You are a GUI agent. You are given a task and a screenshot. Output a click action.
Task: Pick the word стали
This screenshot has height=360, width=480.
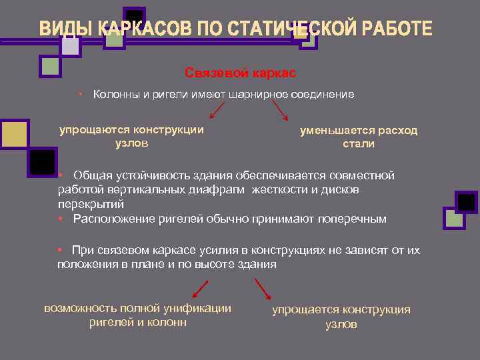click(x=359, y=143)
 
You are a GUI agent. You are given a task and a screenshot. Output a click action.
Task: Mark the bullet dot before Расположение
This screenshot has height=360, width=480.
click(x=60, y=218)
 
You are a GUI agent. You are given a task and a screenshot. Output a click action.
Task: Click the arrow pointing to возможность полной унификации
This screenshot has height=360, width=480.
click(x=200, y=289)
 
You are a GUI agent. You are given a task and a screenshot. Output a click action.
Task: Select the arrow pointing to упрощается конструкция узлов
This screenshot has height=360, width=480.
click(x=263, y=289)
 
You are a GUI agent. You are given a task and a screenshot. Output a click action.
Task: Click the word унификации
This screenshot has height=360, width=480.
click(x=199, y=308)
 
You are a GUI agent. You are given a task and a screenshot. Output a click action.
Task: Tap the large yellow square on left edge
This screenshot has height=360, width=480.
click(x=13, y=134)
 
